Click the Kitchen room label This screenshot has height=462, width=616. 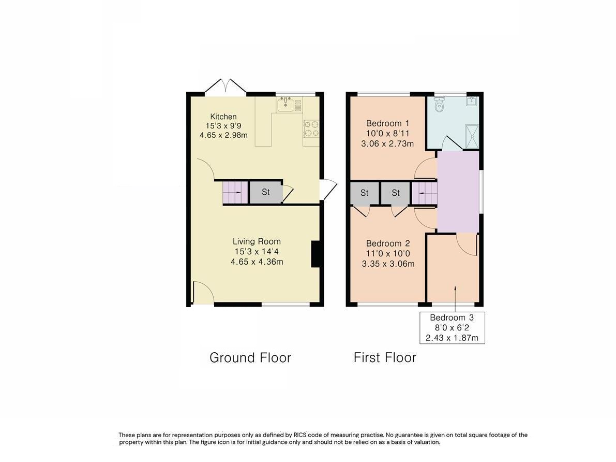223,117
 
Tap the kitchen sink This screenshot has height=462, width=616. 286,105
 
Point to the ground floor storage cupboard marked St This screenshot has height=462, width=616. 265,192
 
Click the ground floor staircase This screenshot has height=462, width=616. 232,193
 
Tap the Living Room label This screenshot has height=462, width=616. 257,241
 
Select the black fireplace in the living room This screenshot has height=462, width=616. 315,254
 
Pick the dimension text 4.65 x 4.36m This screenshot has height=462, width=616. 257,262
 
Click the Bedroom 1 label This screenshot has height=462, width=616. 387,123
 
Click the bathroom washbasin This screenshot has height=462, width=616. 472,102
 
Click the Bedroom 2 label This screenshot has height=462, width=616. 388,243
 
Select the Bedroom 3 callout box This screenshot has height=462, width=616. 452,328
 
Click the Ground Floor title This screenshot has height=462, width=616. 250,357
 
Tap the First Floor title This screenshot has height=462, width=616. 385,357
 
